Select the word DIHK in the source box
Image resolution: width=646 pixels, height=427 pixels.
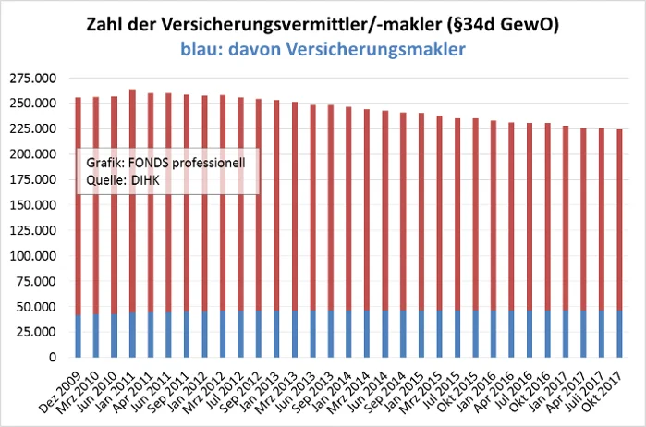coord(143,180)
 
